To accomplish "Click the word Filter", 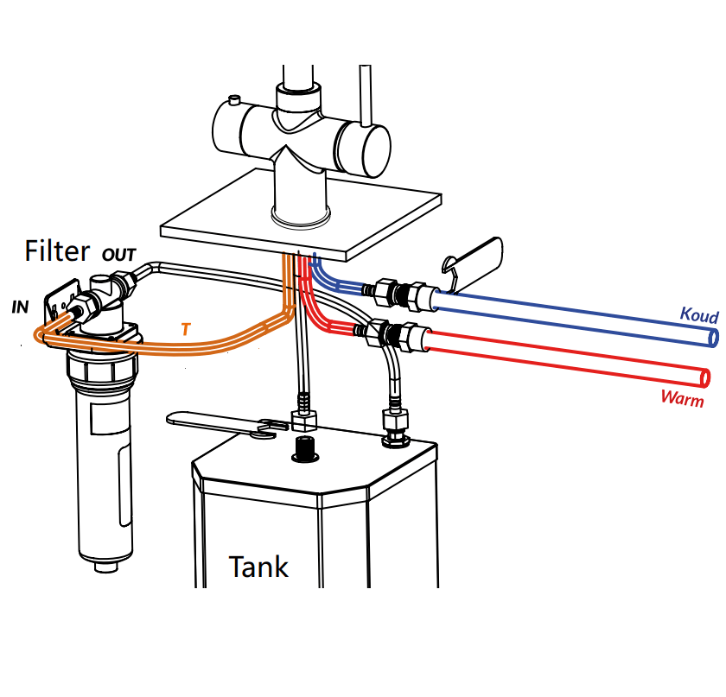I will [57, 250].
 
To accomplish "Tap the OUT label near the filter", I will [118, 256].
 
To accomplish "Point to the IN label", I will [20, 307].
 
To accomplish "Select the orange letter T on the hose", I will [186, 329].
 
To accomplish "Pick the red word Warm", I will [682, 398].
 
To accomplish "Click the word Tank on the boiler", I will [258, 567].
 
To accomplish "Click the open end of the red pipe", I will [705, 377].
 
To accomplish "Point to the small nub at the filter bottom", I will [104, 567].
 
